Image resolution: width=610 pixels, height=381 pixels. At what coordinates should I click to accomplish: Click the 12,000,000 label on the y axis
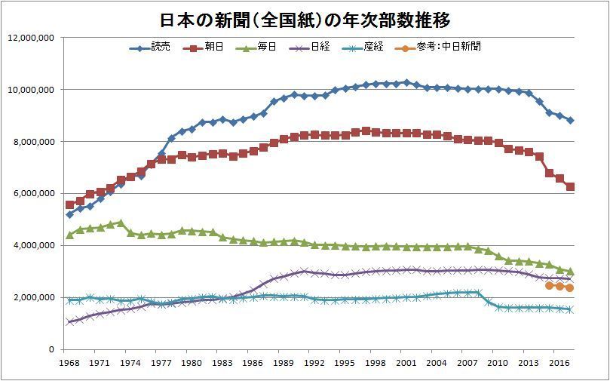coord(29,38)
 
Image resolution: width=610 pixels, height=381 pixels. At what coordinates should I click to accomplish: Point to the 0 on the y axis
coord(51,350)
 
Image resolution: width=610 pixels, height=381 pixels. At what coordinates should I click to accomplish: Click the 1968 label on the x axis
coord(70,363)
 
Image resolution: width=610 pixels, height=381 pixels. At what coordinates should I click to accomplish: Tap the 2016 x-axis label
coord(559,363)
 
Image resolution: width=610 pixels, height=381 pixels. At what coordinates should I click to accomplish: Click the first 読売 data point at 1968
coord(70,214)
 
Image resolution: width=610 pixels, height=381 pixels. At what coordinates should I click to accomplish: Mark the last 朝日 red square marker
coord(571,187)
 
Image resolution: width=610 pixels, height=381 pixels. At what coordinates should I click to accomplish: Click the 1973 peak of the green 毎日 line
coord(121,223)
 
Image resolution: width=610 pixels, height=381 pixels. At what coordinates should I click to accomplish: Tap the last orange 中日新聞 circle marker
coord(570,288)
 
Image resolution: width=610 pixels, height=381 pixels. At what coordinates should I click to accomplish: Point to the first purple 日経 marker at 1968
coord(70,322)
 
